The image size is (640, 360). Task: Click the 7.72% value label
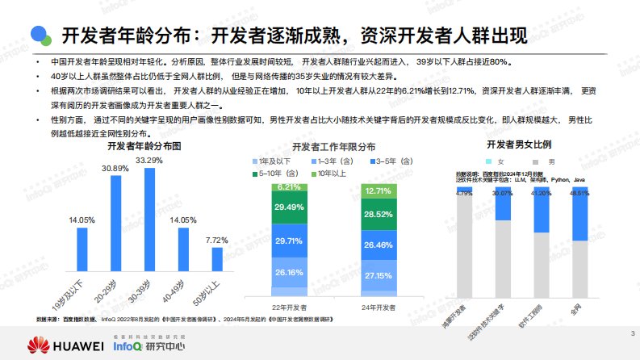216,240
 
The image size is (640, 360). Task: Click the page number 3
630,333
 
